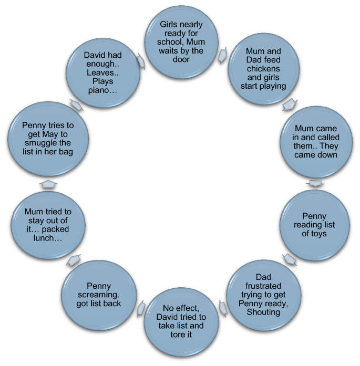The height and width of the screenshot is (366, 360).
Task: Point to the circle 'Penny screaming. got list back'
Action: [x=99, y=295]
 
